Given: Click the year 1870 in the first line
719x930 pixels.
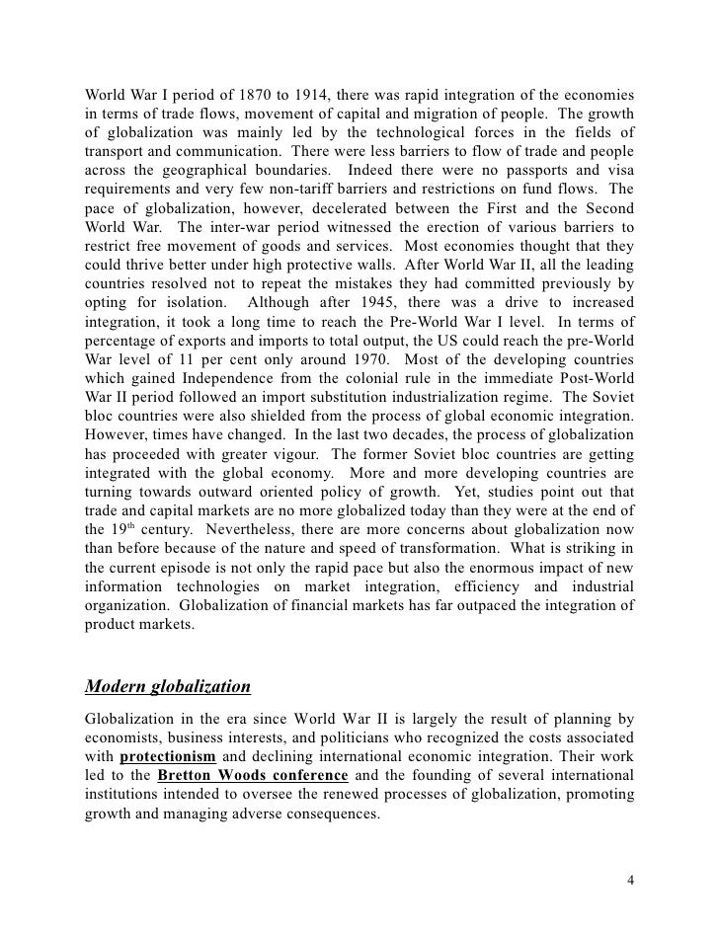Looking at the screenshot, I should point(256,95).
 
